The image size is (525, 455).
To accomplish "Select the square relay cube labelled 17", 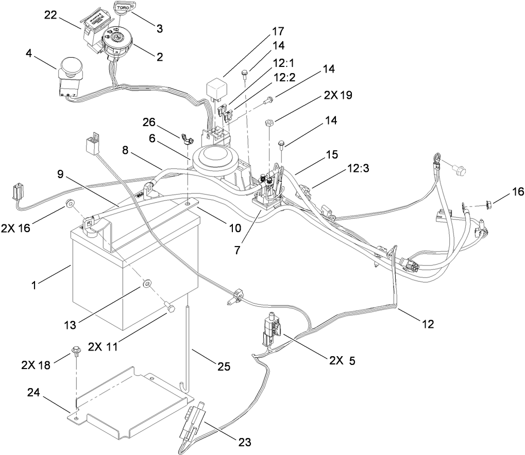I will [x=215, y=87].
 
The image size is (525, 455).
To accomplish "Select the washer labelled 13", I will [x=147, y=283].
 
